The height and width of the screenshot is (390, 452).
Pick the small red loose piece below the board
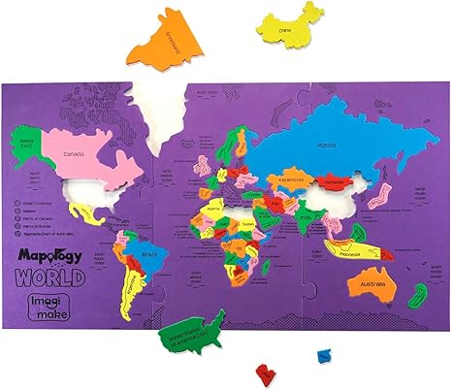coord(263,372)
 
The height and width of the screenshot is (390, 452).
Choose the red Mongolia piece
coord(335,181)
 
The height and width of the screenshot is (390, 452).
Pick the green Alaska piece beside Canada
coord(23,145)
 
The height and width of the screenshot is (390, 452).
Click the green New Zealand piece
coord(418,296)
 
